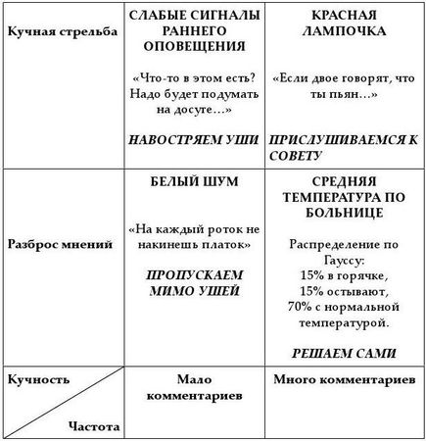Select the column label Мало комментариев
tap(194, 385)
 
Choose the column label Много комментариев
tap(340, 378)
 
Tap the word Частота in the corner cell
tap(94, 426)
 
